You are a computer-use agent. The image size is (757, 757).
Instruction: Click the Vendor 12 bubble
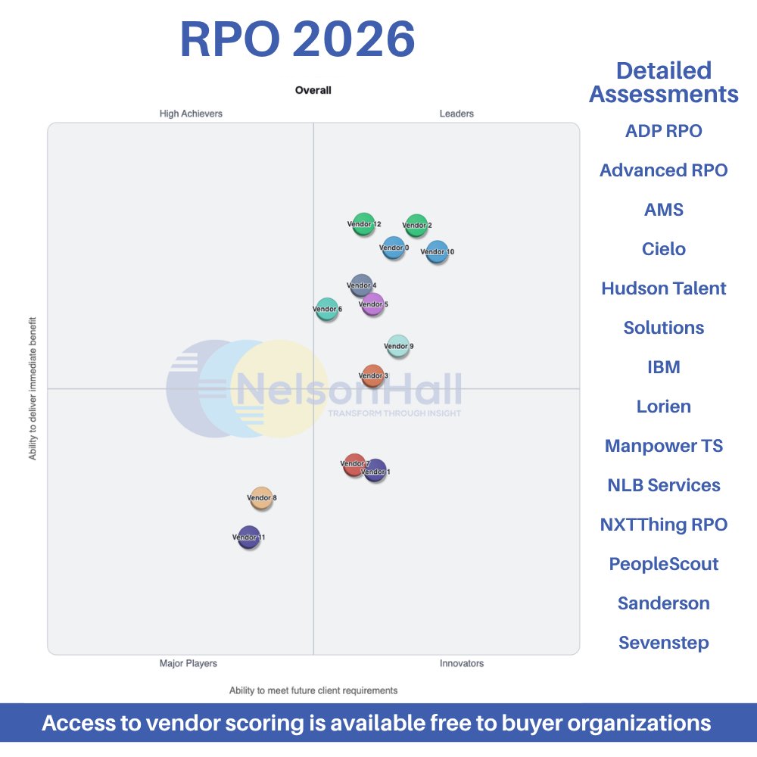pyautogui.click(x=364, y=224)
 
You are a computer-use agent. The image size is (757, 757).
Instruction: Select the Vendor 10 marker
pyautogui.click(x=437, y=251)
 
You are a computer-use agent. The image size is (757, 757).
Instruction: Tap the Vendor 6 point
pyautogui.click(x=327, y=309)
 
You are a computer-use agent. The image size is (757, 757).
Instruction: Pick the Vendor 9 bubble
pyautogui.click(x=398, y=346)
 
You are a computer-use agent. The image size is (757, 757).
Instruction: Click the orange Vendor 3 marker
pyautogui.click(x=372, y=375)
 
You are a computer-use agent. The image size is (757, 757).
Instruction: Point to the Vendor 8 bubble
pyautogui.click(x=261, y=498)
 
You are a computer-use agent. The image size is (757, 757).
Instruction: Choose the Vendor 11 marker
pyautogui.click(x=248, y=537)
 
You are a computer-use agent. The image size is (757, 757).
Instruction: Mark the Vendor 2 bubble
pyautogui.click(x=416, y=225)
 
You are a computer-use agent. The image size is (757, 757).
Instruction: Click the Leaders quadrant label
pyautogui.click(x=456, y=114)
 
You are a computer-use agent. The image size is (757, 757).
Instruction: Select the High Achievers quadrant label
pyautogui.click(x=191, y=114)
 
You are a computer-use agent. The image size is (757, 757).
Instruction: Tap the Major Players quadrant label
pyautogui.click(x=188, y=663)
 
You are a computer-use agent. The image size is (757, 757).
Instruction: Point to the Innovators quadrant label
pyautogui.click(x=462, y=663)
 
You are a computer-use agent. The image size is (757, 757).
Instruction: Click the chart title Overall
pyautogui.click(x=313, y=90)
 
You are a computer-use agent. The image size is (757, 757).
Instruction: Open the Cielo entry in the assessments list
pyautogui.click(x=664, y=249)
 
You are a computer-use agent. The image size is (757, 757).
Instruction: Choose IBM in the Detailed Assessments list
pyautogui.click(x=664, y=367)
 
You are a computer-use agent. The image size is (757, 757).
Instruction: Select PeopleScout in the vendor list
pyautogui.click(x=664, y=564)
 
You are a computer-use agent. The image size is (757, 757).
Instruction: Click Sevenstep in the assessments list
pyautogui.click(x=664, y=643)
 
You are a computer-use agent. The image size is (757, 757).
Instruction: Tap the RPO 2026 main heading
pyautogui.click(x=298, y=39)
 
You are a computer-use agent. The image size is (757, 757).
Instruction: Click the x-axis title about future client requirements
pyautogui.click(x=313, y=690)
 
